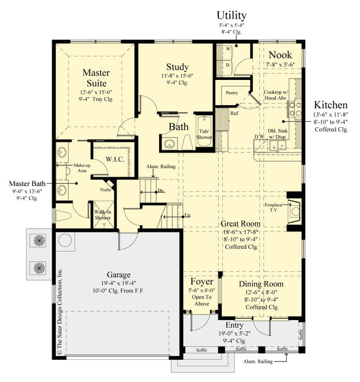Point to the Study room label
coord(177,67)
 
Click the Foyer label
coord(202,281)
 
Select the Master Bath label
coord(26,182)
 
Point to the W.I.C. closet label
coord(114,159)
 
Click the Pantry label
coord(232,94)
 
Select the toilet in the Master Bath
coord(65,216)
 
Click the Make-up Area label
coord(82,167)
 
